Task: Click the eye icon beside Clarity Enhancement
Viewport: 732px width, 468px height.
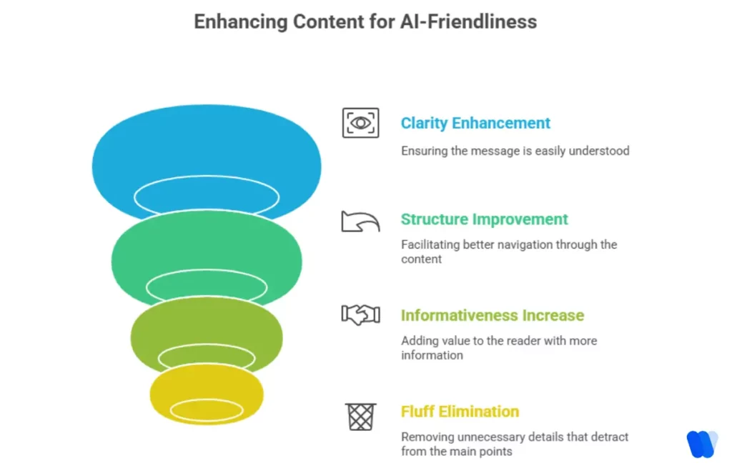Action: coord(360,123)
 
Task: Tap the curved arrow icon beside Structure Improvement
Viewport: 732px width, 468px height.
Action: coord(360,221)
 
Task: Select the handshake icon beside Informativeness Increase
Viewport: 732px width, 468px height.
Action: coord(360,315)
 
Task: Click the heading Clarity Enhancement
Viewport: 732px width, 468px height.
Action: coord(475,123)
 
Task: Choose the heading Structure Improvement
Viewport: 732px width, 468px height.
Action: coord(484,219)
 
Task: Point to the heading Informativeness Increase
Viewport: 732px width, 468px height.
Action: coord(492,315)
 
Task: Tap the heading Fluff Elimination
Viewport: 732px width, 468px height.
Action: coord(460,412)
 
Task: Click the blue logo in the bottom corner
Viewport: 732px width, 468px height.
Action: coord(701,444)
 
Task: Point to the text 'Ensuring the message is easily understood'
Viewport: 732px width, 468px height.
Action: coord(515,151)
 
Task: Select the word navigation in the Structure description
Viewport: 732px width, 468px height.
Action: coord(528,244)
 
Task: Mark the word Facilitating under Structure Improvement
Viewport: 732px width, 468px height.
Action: coord(430,244)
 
